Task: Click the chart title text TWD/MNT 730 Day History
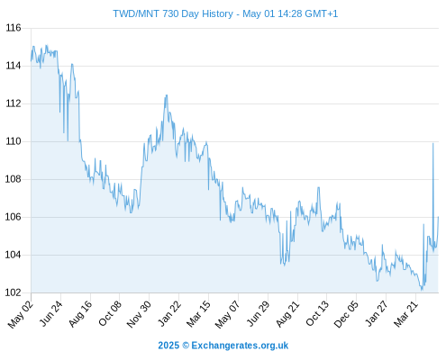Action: click(173, 13)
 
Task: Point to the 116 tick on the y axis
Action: click(14, 28)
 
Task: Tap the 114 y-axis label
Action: click(14, 66)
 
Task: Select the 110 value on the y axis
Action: click(14, 141)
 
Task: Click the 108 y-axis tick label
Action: click(14, 179)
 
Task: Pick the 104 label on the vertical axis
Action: click(14, 255)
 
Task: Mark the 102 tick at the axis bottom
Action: click(14, 292)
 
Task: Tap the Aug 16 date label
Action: click(80, 313)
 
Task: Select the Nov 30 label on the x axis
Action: click(139, 314)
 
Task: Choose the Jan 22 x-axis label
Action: click(169, 313)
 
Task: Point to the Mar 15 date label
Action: click(198, 314)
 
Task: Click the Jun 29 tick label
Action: click(258, 313)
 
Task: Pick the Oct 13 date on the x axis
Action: click(317, 313)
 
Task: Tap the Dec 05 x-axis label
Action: click(346, 314)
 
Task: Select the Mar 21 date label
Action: click(405, 314)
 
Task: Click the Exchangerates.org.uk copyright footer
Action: click(223, 346)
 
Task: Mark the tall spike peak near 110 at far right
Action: click(432, 144)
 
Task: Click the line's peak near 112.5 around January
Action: click(166, 95)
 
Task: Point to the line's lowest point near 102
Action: click(422, 290)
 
